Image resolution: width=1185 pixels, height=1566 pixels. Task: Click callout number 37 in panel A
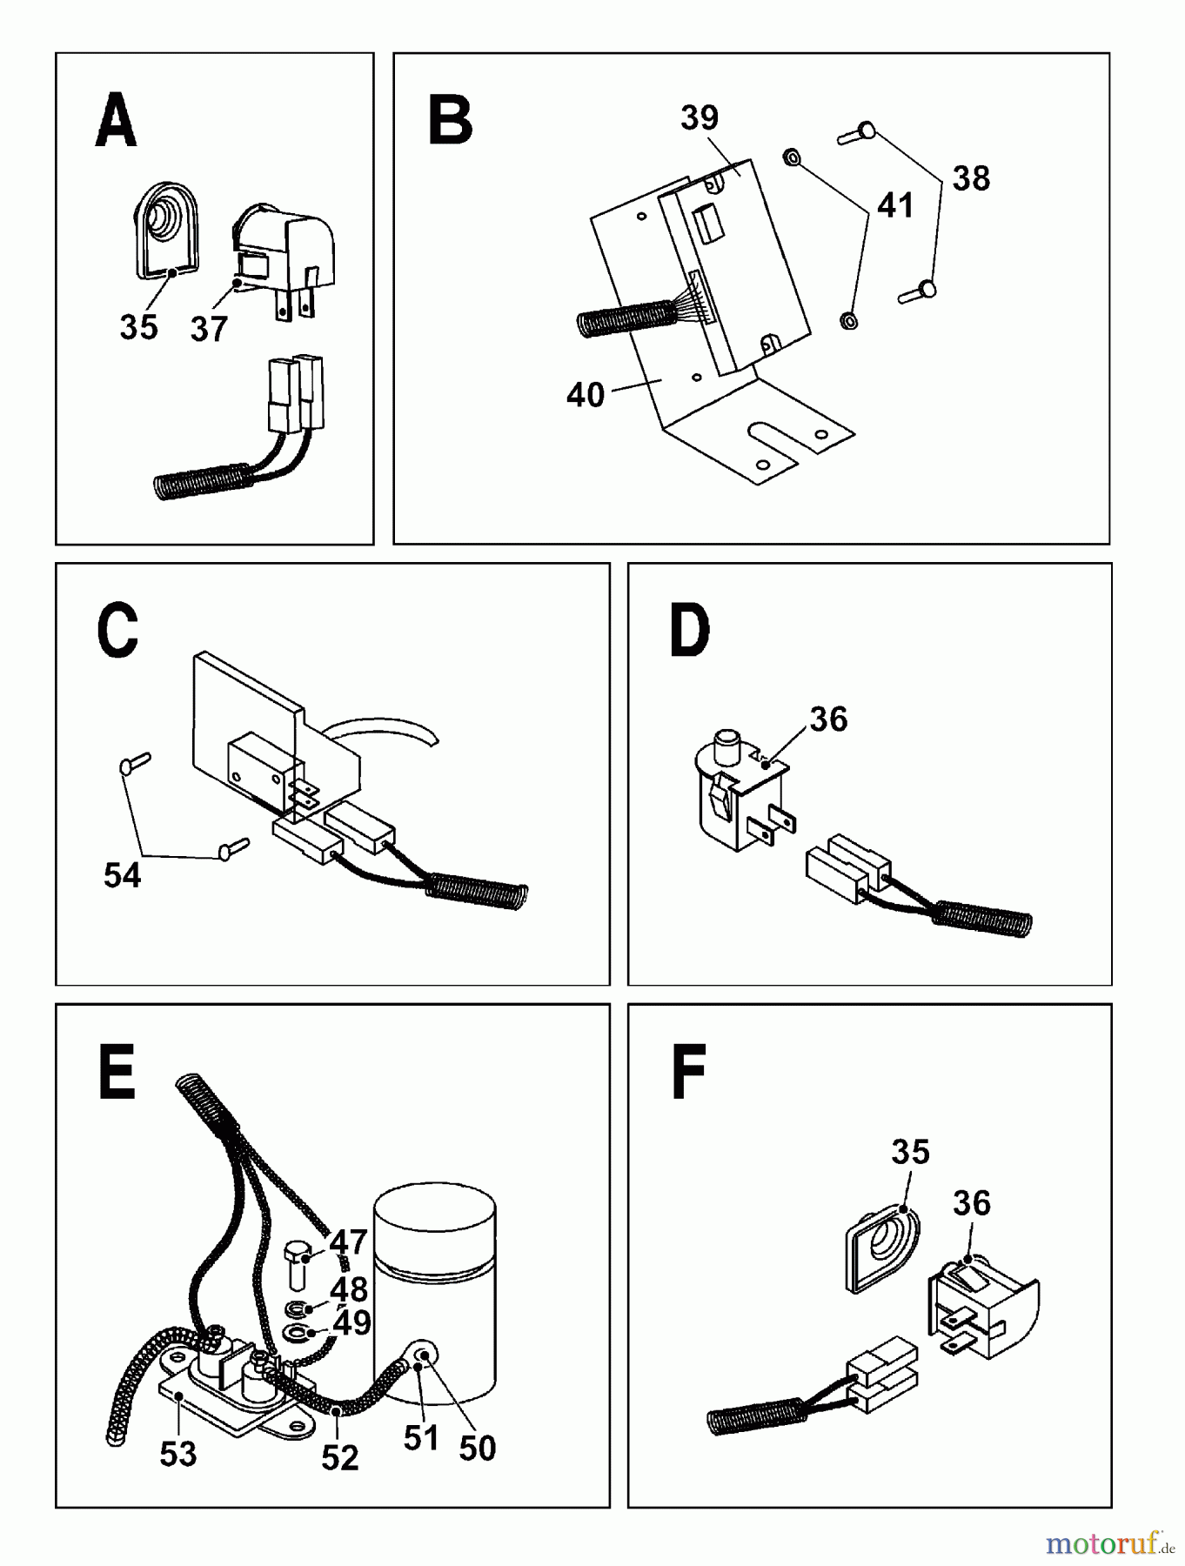[x=209, y=329]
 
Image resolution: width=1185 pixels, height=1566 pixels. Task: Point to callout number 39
[x=700, y=117]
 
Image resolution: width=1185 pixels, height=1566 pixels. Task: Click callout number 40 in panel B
[x=585, y=394]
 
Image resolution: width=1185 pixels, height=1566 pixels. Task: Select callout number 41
[x=895, y=206]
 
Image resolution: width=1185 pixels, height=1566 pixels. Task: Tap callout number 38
[x=971, y=178]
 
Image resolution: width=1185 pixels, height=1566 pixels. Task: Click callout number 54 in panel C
[x=122, y=875]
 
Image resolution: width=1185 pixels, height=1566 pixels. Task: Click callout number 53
[x=177, y=1454]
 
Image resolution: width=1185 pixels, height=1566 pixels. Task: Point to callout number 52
[x=339, y=1458]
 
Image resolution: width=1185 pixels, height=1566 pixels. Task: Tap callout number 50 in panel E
[x=477, y=1449]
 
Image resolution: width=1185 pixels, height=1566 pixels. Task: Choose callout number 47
[x=348, y=1242]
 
